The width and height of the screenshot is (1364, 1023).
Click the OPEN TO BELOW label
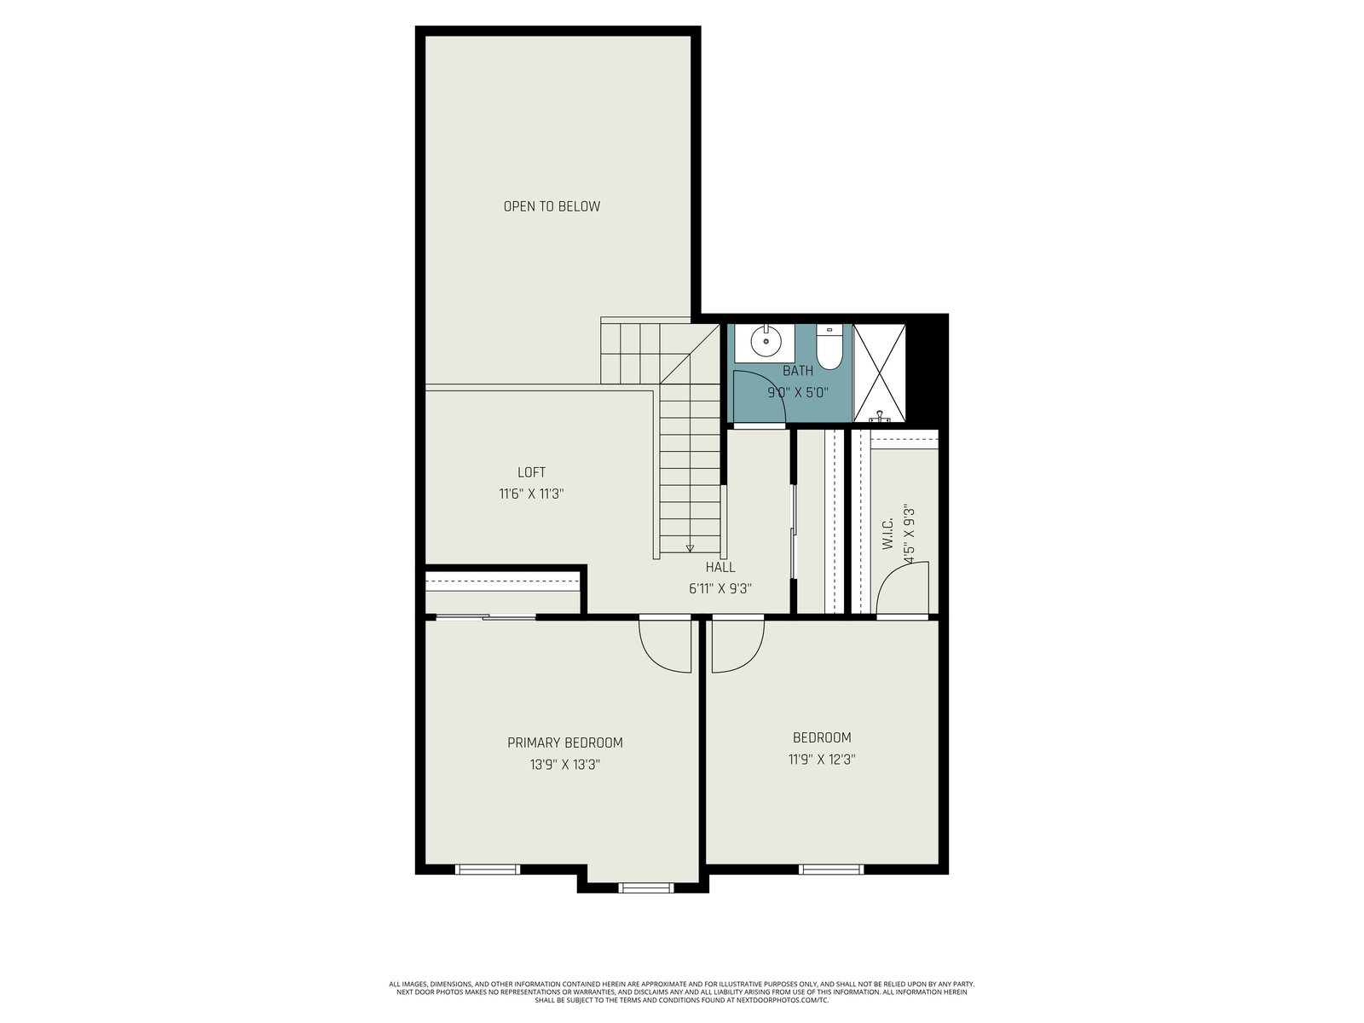552,206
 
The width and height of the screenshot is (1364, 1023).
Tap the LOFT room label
531,472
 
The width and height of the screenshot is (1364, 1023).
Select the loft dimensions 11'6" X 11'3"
531,494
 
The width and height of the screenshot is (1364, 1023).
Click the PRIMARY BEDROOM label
565,743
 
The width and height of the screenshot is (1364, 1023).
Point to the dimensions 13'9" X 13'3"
565,765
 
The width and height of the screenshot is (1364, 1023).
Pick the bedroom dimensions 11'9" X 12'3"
822,759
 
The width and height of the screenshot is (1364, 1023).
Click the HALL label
720,567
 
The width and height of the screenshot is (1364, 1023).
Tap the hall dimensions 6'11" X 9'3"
720,589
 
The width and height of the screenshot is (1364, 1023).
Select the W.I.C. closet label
887,534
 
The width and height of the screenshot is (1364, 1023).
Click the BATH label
798,371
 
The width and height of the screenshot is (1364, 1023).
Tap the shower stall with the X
879,373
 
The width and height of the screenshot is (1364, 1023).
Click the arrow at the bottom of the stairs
690,548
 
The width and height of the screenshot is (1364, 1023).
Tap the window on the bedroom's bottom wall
831,870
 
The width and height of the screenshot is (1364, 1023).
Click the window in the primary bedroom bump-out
646,889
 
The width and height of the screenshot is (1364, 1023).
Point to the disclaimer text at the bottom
682,992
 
